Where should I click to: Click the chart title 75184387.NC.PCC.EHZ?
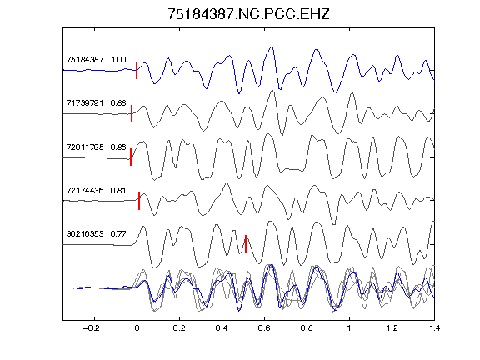248,14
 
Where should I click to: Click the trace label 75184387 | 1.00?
96,59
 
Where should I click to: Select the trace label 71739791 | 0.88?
96,102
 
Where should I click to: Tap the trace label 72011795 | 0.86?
96,147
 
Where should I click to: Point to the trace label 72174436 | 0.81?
96,190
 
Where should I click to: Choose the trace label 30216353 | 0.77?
96,234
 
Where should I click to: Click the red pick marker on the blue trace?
137,70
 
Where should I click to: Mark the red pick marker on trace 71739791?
132,113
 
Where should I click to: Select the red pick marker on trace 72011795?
131,157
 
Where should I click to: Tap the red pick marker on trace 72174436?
139,201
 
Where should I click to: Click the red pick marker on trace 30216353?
246,244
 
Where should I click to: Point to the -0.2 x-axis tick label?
92,328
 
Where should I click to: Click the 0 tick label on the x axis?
137,328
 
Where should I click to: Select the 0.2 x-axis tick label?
179,328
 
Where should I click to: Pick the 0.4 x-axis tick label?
222,328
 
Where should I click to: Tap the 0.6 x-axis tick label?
264,328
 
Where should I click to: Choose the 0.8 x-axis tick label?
307,328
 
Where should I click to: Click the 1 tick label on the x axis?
349,328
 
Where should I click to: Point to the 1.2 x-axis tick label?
392,328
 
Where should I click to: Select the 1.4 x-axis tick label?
434,328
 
